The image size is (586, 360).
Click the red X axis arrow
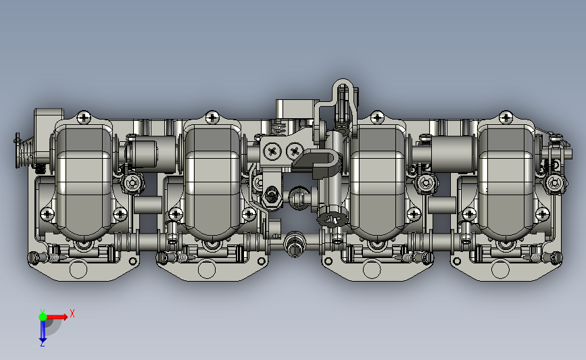57,317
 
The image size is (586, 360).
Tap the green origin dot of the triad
43,317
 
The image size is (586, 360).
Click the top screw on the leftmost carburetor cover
83,118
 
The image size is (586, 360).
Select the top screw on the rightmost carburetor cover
506,118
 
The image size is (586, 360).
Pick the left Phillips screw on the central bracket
272,151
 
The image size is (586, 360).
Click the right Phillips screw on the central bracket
295,151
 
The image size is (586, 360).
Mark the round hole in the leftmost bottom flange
78,269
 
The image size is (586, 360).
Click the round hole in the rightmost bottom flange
501,269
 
